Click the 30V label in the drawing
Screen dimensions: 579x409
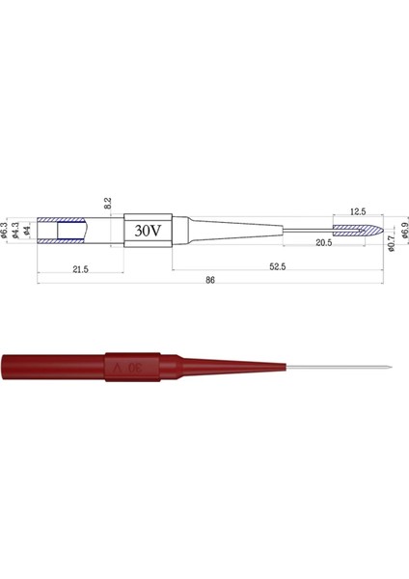tap(147, 232)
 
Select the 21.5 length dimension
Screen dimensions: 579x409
tap(80, 270)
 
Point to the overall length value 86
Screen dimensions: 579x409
tap(210, 281)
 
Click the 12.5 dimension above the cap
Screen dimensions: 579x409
tap(358, 211)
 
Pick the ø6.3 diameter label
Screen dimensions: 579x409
tap(7, 232)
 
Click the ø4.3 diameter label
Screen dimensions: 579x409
tap(17, 232)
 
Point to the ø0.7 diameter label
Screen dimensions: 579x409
tap(393, 246)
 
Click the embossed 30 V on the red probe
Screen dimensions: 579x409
tap(132, 368)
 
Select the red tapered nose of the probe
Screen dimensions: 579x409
tap(222, 368)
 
